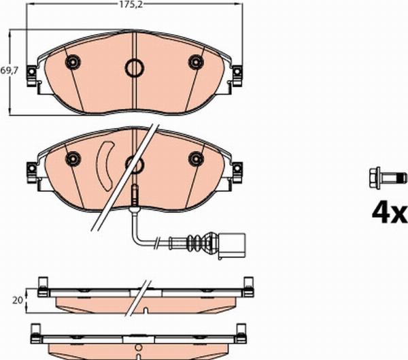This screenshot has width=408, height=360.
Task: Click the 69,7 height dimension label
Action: (8, 69)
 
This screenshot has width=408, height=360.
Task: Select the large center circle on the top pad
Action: (133, 67)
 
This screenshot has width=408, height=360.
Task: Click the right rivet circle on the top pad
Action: (196, 63)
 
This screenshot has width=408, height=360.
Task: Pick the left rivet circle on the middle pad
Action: (71, 159)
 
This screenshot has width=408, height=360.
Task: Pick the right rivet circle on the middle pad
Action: (196, 159)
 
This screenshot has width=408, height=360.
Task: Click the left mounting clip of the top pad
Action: (31, 77)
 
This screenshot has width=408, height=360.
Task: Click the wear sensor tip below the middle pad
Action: (135, 195)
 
